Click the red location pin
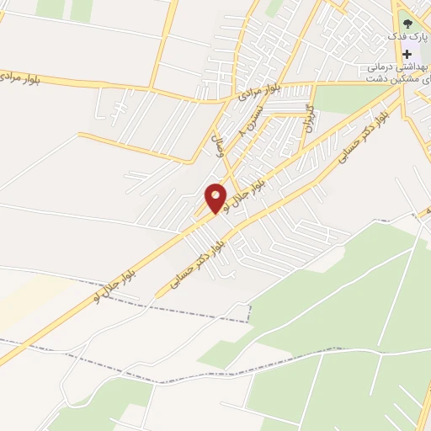click(215, 199)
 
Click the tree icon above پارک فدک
click(407, 24)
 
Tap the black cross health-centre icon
click(407, 52)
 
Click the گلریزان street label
click(309, 120)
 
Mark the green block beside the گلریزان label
click(345, 99)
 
